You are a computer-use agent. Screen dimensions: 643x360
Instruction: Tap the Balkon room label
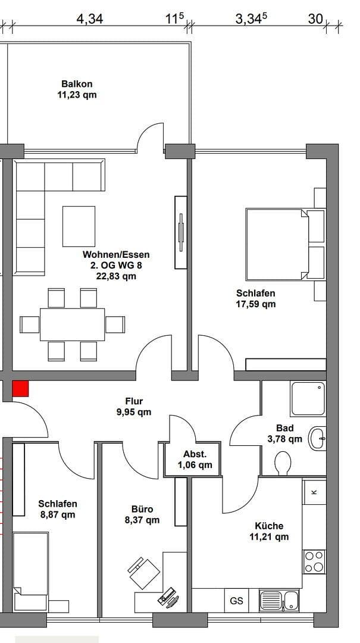[x=77, y=84]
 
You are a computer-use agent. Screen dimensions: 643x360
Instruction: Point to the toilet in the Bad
[x=283, y=463]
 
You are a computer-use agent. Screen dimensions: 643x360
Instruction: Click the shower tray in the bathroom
[x=308, y=399]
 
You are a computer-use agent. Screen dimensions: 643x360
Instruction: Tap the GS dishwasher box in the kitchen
[x=236, y=601]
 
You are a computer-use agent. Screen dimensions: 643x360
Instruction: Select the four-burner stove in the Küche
[x=315, y=561]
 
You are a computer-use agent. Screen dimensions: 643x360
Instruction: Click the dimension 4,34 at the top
[x=90, y=19]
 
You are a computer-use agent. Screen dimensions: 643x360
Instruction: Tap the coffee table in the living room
[x=79, y=226]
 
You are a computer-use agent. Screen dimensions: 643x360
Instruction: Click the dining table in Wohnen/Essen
[x=72, y=324]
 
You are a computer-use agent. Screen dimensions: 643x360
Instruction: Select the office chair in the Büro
[x=144, y=572]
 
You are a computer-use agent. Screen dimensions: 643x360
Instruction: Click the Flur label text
[x=134, y=401]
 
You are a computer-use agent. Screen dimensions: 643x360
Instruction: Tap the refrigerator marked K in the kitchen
[x=314, y=492]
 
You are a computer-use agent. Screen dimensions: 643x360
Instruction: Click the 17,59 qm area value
[x=256, y=304]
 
